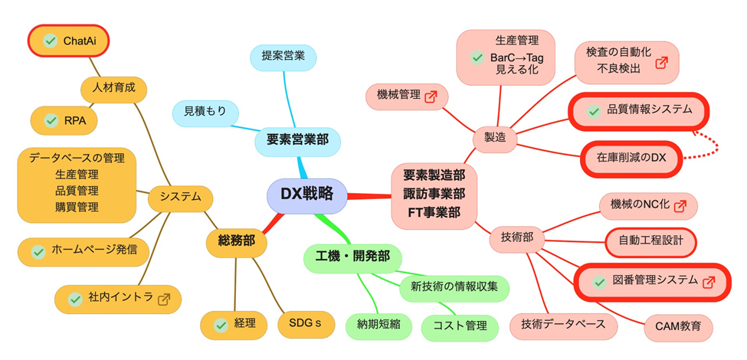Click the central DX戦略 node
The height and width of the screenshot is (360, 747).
306,195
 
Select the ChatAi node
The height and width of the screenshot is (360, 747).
69,41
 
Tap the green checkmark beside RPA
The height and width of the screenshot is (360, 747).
51,120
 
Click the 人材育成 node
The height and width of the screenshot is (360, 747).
113,87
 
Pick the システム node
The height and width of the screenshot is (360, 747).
180,197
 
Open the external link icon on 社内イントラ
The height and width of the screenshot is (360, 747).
163,299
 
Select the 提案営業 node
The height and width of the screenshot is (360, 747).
283,56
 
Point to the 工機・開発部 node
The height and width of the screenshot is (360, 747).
352,257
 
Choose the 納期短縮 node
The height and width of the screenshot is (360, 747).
378,323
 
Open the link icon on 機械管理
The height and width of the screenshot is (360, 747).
431,96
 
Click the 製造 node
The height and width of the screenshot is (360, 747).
495,137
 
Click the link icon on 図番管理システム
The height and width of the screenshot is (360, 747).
708,281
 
